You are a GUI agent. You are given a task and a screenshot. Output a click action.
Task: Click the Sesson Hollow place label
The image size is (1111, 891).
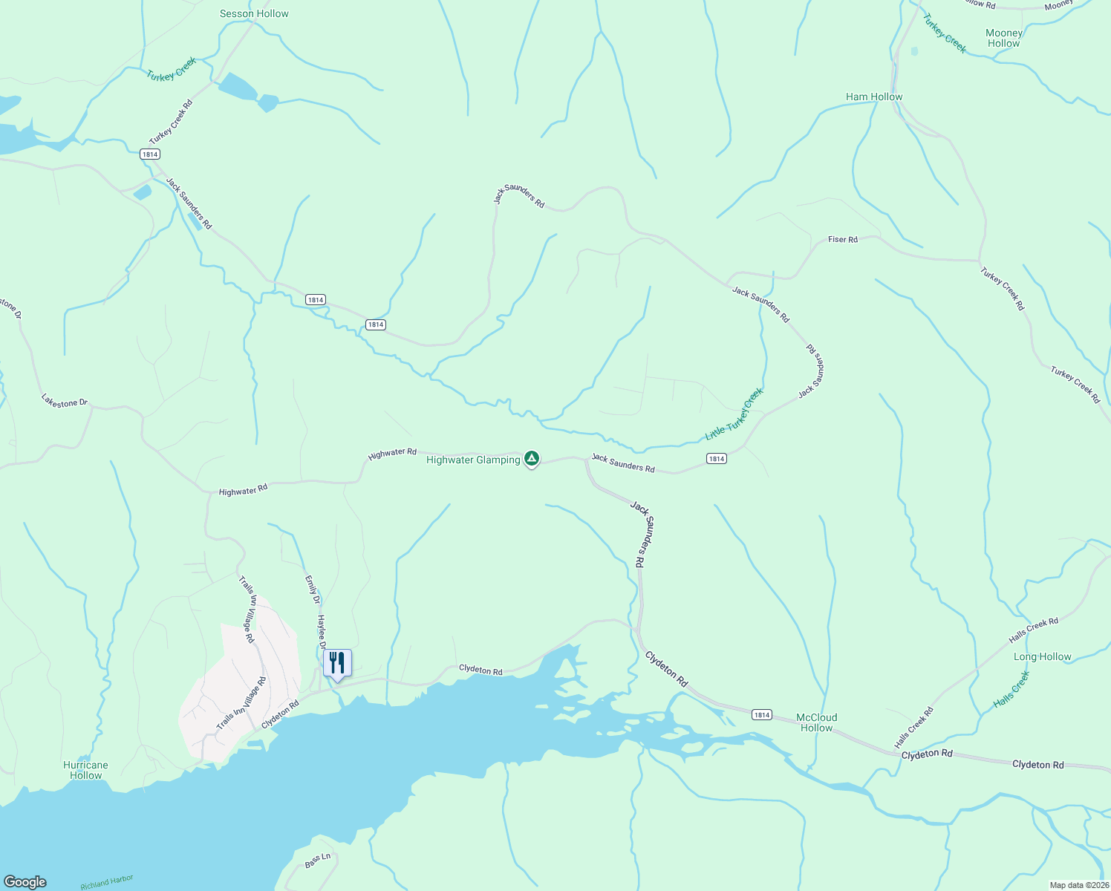click(x=254, y=13)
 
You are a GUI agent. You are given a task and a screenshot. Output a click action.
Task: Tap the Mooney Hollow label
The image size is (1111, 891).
click(x=1004, y=38)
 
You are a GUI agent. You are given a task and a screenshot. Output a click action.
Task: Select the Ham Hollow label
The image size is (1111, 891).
click(x=874, y=97)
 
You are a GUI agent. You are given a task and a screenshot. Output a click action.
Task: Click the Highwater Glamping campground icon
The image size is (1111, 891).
click(x=531, y=459)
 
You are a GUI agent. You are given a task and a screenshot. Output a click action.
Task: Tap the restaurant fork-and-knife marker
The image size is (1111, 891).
click(x=337, y=662)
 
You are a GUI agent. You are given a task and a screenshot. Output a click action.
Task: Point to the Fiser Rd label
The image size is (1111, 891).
click(x=842, y=239)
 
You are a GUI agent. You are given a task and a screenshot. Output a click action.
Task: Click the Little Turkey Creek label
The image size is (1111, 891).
click(x=734, y=414)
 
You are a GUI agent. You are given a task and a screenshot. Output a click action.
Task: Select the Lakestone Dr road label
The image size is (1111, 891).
click(x=65, y=402)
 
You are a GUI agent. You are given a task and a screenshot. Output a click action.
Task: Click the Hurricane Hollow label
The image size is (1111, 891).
click(x=85, y=770)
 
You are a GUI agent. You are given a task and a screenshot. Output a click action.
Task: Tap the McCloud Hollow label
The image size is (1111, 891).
click(x=816, y=722)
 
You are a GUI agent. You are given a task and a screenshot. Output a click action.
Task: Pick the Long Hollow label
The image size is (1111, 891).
click(x=1042, y=656)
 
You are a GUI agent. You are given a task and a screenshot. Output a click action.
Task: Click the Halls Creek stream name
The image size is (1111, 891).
click(x=1011, y=690)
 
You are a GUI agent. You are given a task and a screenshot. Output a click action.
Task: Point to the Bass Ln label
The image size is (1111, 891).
click(x=317, y=861)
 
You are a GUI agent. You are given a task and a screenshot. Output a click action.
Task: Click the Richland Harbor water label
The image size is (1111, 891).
click(x=106, y=882)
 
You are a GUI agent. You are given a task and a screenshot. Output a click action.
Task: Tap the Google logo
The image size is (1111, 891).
click(x=25, y=882)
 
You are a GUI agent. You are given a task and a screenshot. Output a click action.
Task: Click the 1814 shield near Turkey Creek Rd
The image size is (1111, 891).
click(x=149, y=154)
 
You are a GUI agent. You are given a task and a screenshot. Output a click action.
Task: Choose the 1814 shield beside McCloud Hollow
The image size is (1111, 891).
click(x=761, y=714)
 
